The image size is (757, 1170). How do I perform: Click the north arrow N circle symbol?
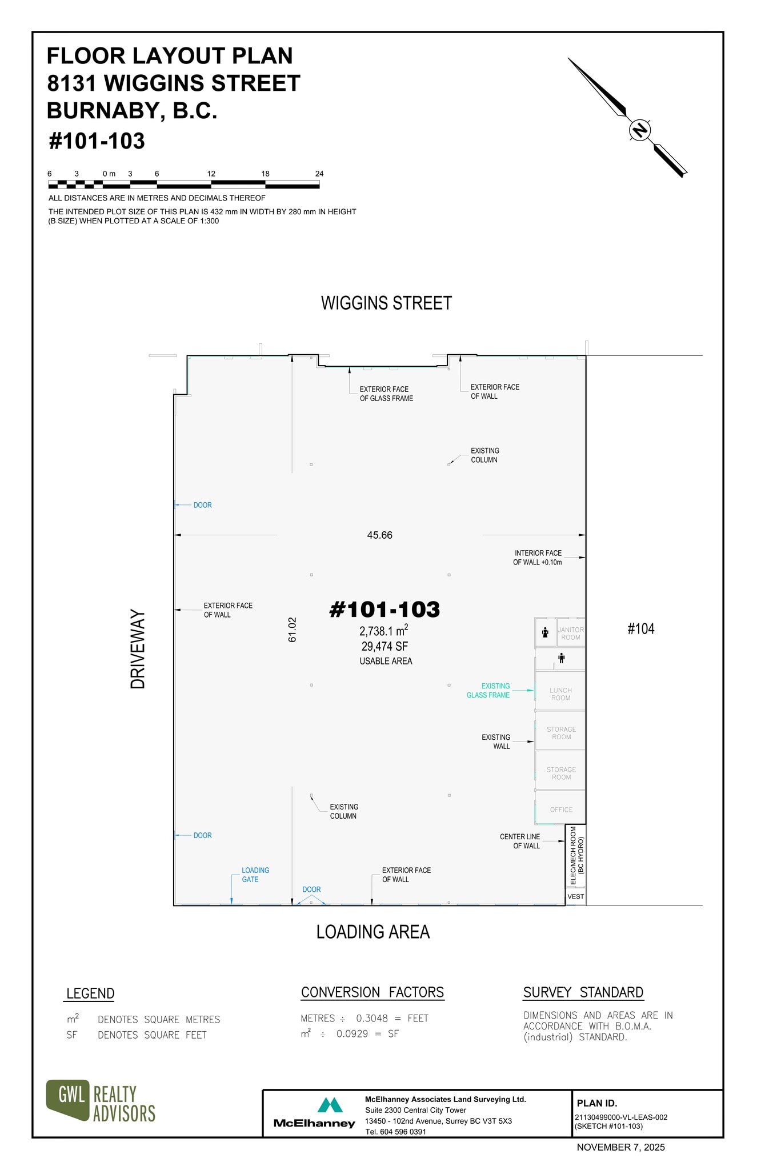click(x=640, y=130)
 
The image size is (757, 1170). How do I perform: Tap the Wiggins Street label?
click(x=386, y=303)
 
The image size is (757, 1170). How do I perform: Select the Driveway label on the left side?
click(x=138, y=649)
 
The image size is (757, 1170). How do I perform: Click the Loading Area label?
click(x=373, y=932)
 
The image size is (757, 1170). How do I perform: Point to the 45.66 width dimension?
click(x=379, y=535)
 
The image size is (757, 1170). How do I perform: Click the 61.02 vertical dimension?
click(x=293, y=630)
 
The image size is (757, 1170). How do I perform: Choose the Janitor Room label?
click(x=570, y=634)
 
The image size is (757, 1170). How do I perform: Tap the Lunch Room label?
click(x=560, y=694)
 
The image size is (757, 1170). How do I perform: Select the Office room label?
click(x=561, y=810)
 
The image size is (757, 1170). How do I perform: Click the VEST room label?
click(x=575, y=896)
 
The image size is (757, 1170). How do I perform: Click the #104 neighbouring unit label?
click(x=640, y=629)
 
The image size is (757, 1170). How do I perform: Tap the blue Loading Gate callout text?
click(x=255, y=875)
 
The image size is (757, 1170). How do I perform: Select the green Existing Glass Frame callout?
click(x=488, y=691)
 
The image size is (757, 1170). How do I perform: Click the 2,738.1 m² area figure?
click(x=383, y=631)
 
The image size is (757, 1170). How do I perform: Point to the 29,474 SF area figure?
click(x=384, y=646)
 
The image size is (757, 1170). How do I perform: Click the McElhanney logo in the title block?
click(x=315, y=1112)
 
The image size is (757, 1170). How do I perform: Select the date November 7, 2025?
click(x=620, y=1147)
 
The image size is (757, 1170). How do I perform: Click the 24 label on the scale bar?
click(x=319, y=174)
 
